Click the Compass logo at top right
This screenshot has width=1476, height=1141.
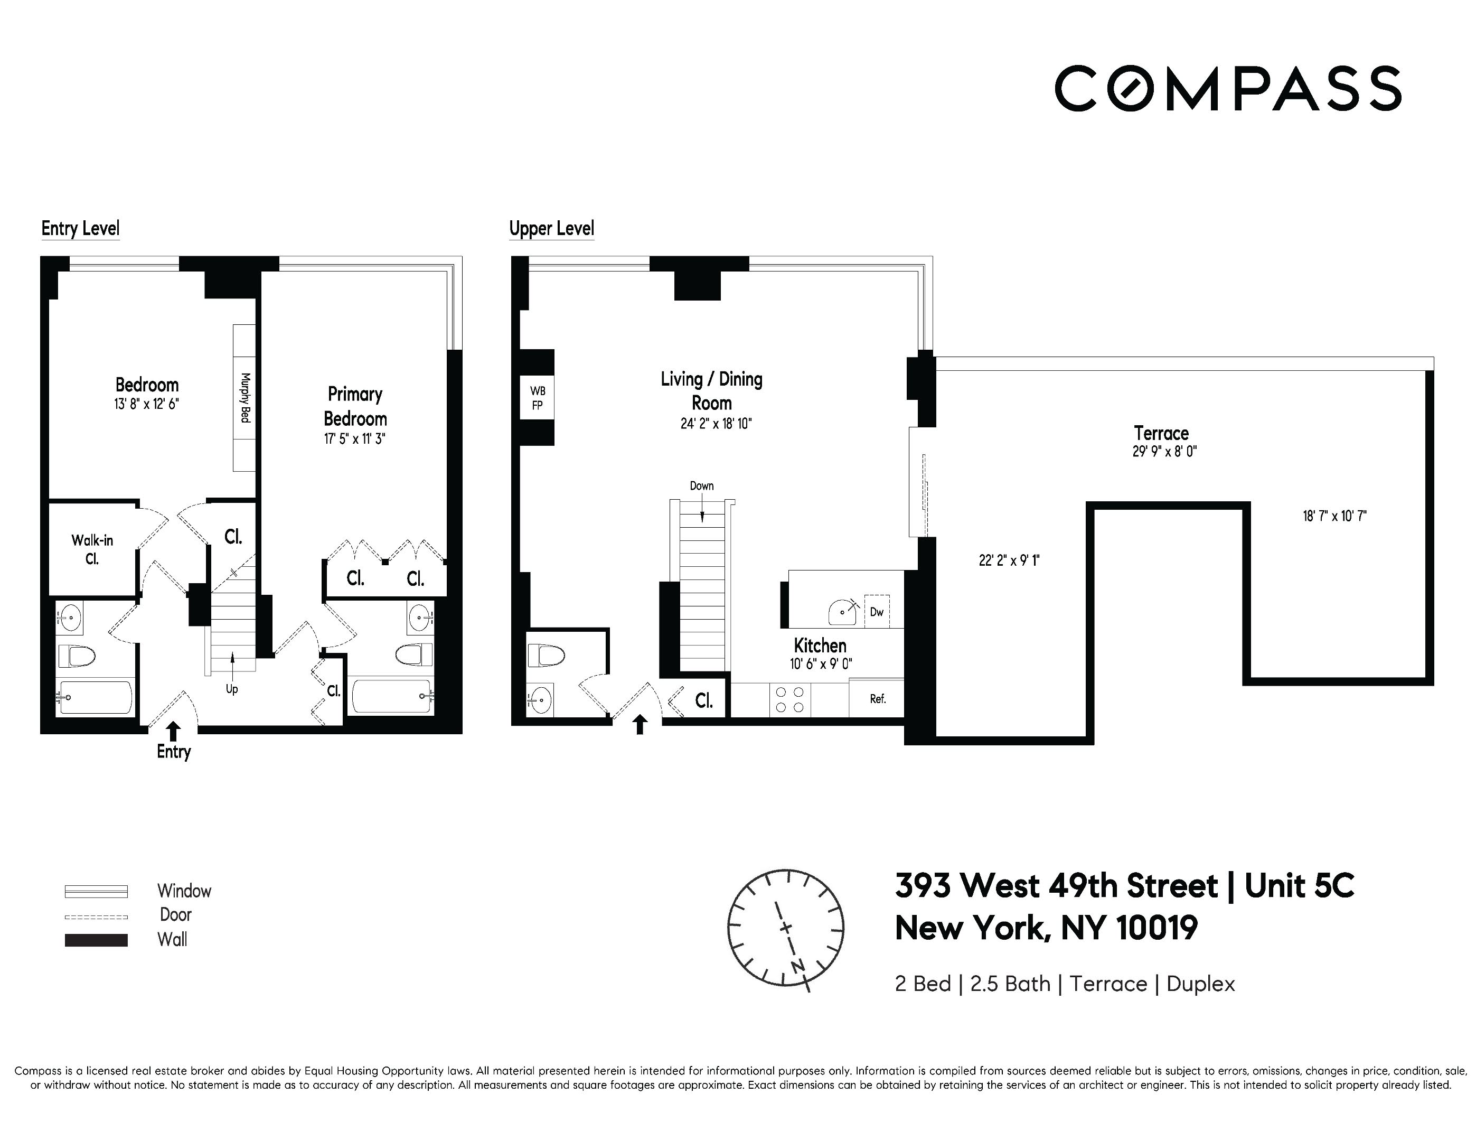point(1227,88)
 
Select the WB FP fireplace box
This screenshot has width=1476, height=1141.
point(537,398)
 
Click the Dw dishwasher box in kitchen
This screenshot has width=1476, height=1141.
point(877,612)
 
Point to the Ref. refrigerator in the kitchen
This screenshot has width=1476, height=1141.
point(877,699)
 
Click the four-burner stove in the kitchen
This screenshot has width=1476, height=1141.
point(790,699)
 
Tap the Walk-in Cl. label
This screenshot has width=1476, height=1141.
point(92,549)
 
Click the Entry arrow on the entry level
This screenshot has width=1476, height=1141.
point(174,730)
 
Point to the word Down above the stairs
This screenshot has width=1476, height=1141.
point(701,486)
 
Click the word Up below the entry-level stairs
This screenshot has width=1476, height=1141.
point(232,689)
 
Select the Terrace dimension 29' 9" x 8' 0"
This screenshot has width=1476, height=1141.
point(1164,452)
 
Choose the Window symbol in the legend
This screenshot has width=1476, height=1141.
point(96,892)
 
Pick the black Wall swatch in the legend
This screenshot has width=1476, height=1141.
point(96,940)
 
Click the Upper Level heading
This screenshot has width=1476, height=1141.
point(551,229)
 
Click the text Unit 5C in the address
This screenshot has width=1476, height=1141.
point(1299,885)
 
